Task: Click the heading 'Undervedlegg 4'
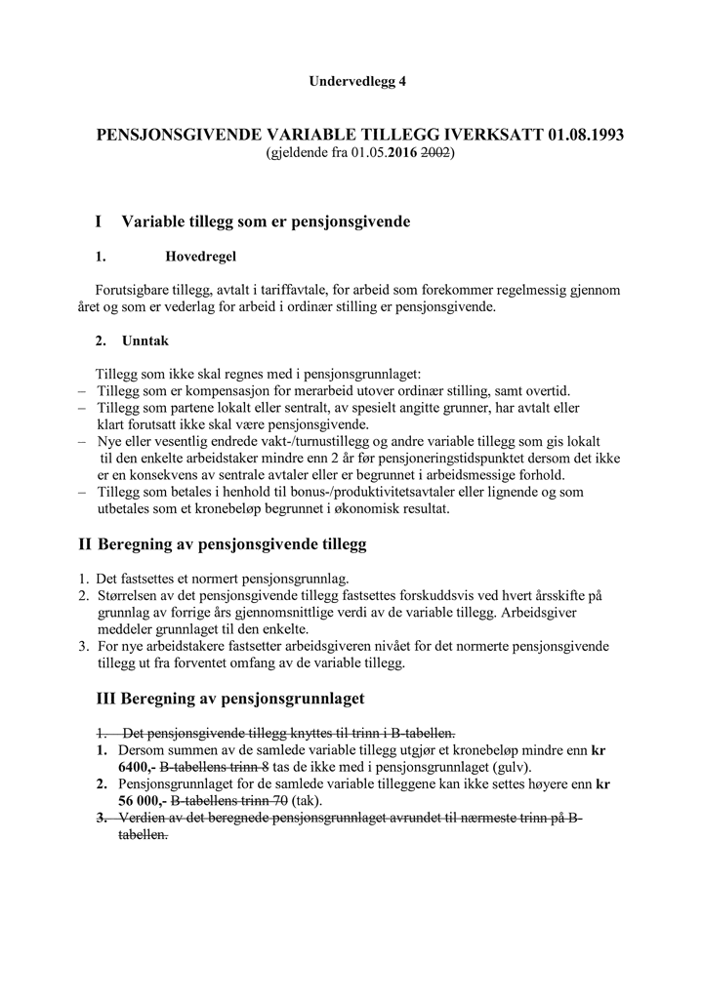(x=357, y=81)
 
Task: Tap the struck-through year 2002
(x=436, y=154)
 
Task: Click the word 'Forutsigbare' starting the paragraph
(x=134, y=290)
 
